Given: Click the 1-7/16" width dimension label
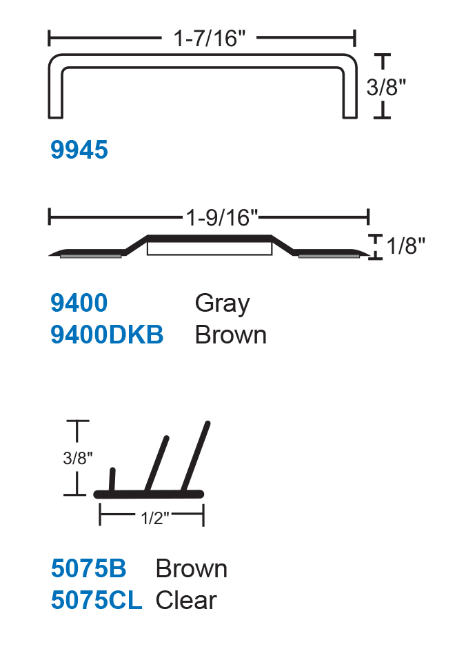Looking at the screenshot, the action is (210, 39).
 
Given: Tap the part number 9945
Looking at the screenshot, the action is (79, 150).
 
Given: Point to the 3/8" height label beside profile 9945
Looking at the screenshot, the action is (386, 87).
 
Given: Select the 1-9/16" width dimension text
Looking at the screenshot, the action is (222, 217).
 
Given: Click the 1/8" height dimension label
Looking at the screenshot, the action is (405, 246).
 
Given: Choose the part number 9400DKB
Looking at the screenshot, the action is (107, 335).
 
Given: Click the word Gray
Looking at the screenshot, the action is (222, 304).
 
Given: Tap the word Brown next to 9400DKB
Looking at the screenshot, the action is (230, 335).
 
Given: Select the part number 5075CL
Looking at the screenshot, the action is (97, 600).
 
